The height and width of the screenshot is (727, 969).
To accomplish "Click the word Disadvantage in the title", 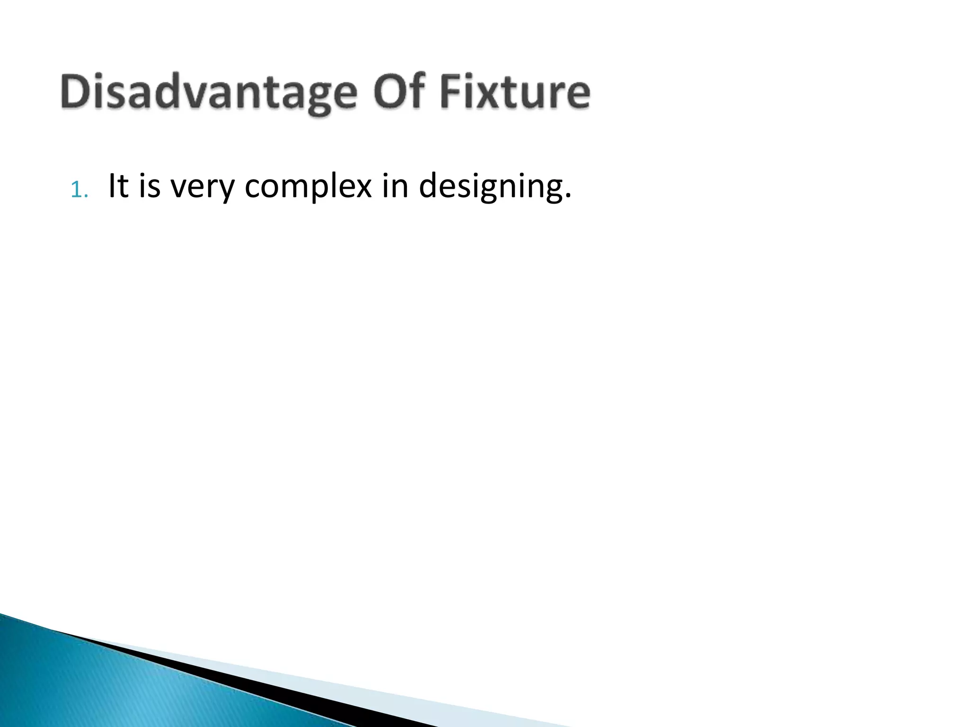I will (x=208, y=93).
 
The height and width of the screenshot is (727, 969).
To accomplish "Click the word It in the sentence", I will (x=118, y=186).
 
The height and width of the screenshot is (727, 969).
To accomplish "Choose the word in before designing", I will (x=395, y=186).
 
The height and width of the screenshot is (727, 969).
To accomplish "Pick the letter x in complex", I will (x=361, y=189).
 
